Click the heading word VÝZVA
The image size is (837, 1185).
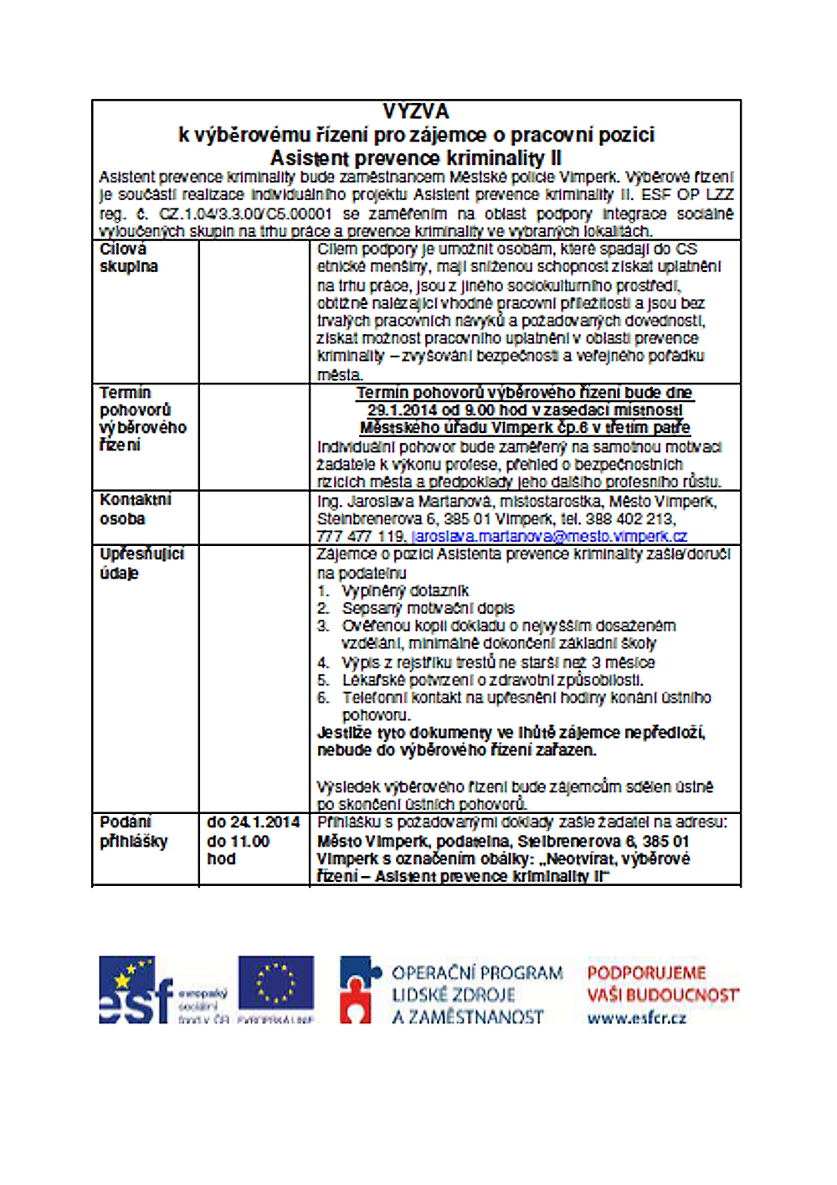(x=416, y=111)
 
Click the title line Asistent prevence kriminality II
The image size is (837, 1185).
(x=416, y=158)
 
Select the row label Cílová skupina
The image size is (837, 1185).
(x=129, y=258)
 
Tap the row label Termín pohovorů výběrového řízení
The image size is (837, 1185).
(x=142, y=419)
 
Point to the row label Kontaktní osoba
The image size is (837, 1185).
(x=135, y=509)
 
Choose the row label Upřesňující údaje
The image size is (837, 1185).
(x=141, y=564)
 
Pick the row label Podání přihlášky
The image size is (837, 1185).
(x=134, y=832)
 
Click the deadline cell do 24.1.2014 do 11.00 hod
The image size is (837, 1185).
(x=253, y=841)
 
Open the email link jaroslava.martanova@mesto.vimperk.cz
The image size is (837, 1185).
(x=549, y=536)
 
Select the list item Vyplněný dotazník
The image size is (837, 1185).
(x=405, y=590)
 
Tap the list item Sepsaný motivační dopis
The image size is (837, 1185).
(x=428, y=608)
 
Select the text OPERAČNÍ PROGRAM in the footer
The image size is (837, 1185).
(x=477, y=973)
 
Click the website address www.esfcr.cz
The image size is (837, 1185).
(x=637, y=1018)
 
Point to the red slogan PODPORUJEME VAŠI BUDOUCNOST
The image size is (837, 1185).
(x=662, y=984)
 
